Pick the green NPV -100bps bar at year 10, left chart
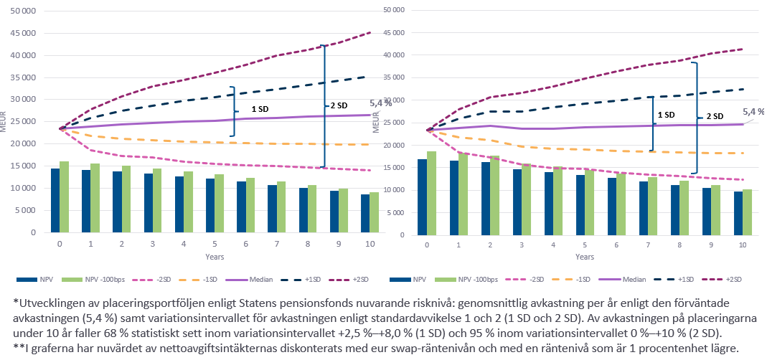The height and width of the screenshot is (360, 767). click(x=374, y=212)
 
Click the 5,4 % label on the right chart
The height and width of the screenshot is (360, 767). click(x=753, y=112)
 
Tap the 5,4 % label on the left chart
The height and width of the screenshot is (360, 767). click(x=380, y=103)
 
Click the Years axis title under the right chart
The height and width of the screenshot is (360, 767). click(x=584, y=257)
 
